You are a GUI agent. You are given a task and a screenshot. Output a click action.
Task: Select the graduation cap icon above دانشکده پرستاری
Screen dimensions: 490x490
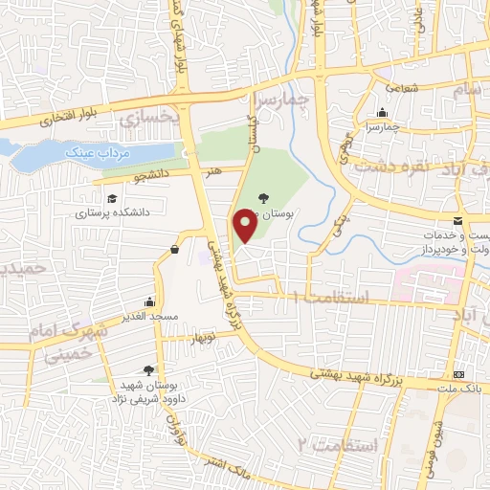[x=112, y=198]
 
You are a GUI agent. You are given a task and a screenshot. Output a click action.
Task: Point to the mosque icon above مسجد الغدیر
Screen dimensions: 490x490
[x=148, y=301]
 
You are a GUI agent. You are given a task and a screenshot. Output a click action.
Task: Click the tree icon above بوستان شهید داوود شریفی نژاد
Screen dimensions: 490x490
[x=147, y=368]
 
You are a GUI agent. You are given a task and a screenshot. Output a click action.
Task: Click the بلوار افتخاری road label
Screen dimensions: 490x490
[x=43, y=120]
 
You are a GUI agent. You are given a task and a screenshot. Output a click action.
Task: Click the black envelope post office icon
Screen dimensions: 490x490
[x=458, y=221]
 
